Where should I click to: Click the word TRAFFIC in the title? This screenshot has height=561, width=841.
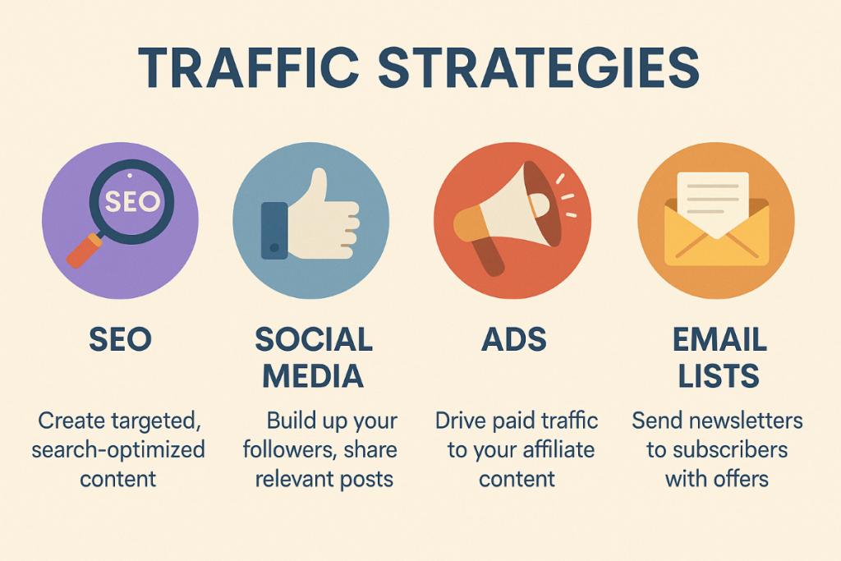point(248,67)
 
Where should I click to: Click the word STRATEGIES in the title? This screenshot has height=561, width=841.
point(539,67)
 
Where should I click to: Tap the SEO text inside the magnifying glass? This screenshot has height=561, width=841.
point(132,202)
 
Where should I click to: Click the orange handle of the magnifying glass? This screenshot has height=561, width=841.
point(84,251)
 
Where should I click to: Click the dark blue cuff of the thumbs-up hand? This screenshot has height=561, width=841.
point(274,231)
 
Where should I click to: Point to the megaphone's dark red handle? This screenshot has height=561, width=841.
point(488,257)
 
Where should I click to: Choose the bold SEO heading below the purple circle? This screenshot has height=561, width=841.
point(120,339)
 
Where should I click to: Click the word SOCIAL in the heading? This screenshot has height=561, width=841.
point(314,339)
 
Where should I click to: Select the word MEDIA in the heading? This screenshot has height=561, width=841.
point(313,375)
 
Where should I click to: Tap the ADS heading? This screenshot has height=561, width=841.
point(514,339)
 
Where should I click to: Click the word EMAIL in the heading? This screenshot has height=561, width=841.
point(719,339)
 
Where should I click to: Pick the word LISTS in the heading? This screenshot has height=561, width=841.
point(719,375)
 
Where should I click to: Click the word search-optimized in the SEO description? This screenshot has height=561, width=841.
point(118,449)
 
